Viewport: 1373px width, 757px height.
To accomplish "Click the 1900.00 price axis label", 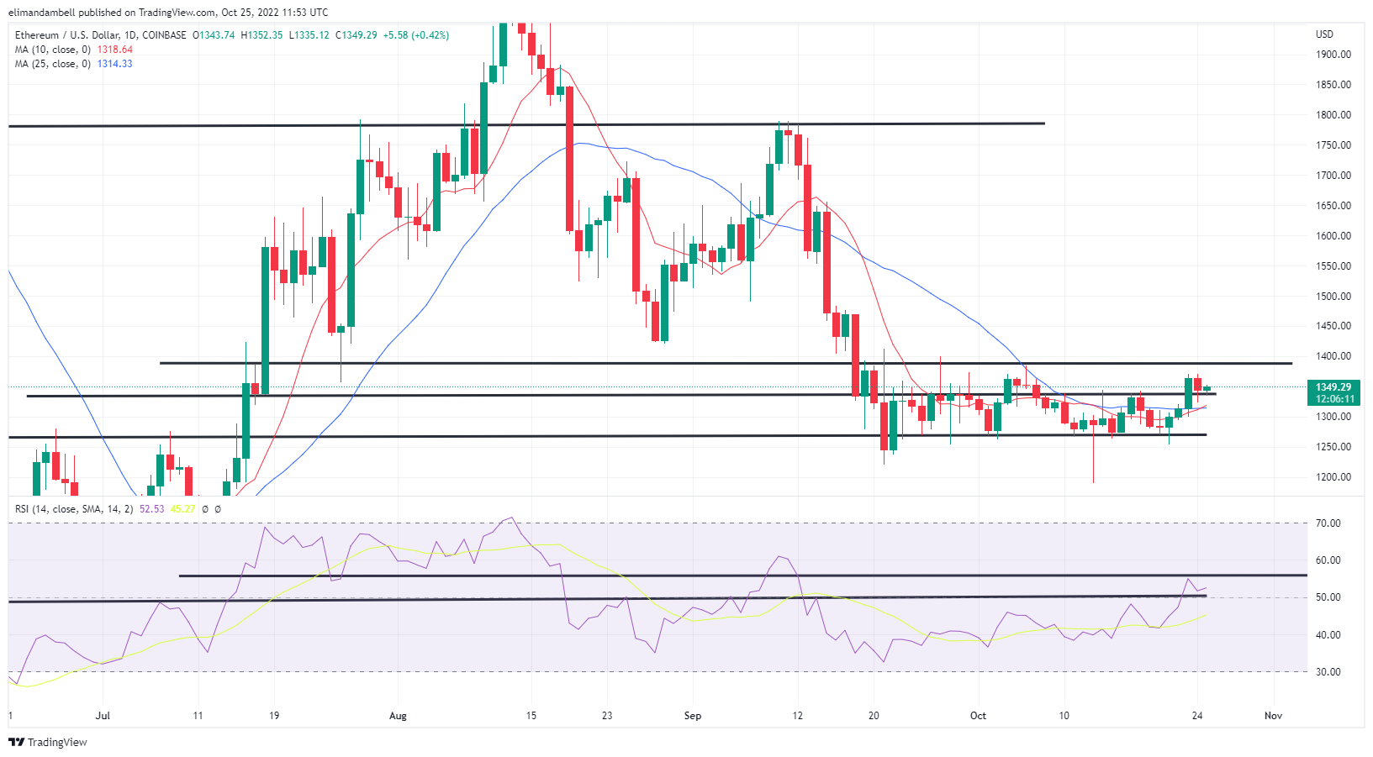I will (x=1333, y=55).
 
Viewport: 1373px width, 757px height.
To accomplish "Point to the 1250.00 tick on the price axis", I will (x=1333, y=447).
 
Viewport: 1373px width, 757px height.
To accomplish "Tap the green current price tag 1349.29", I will (x=1333, y=387).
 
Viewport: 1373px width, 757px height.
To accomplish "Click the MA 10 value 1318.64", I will (x=115, y=50).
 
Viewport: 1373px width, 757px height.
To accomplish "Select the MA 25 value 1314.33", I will (x=115, y=64).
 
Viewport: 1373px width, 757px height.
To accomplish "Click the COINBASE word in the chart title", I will (x=165, y=35).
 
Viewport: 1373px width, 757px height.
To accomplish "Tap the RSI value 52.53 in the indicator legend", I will (x=151, y=509).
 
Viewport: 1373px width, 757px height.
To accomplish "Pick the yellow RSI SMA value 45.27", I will (x=182, y=509).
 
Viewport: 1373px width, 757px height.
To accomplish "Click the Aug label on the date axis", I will (x=398, y=716).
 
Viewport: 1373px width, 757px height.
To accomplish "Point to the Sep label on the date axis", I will (x=692, y=716).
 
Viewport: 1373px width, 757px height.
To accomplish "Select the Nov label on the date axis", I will (x=1273, y=716).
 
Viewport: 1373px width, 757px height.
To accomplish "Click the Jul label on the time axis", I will (x=103, y=716).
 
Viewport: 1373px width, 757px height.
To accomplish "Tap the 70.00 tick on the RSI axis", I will (x=1328, y=523).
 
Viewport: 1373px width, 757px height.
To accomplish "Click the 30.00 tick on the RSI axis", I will (x=1328, y=672).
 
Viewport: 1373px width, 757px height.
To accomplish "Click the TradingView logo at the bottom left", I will (x=48, y=742).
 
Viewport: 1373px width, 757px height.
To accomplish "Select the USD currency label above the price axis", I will (x=1324, y=34).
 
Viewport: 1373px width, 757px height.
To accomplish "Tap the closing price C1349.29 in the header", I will (x=356, y=35).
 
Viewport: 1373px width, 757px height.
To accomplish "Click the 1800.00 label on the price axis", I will (x=1333, y=115).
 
